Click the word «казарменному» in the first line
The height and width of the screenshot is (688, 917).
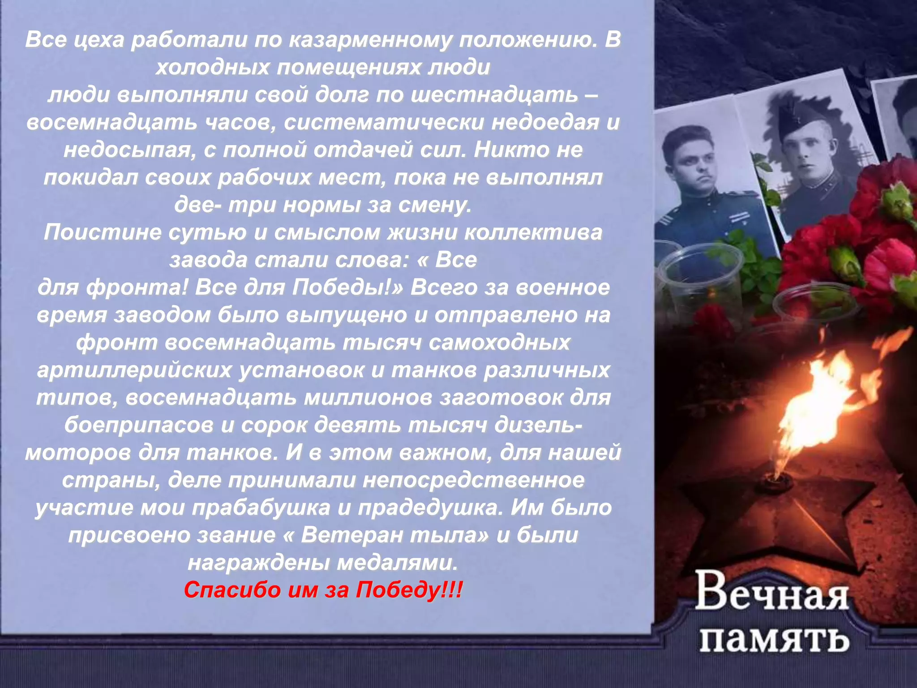coord(369,40)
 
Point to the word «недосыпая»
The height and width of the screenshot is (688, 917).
coord(130,150)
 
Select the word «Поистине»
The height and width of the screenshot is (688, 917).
coord(102,233)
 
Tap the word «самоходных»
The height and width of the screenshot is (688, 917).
coord(499,343)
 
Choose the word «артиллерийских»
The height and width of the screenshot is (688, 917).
coord(134,370)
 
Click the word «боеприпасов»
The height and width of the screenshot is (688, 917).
coord(139,426)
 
